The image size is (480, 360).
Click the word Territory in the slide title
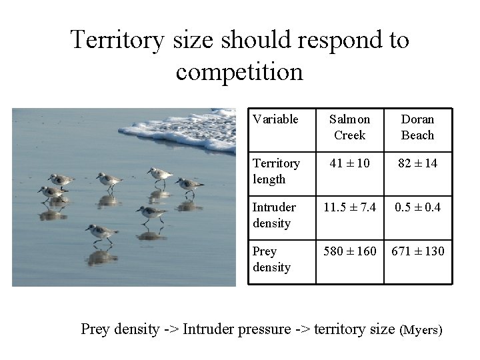click(x=117, y=41)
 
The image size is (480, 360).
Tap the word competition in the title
click(x=239, y=71)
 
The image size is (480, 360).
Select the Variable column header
click(x=275, y=119)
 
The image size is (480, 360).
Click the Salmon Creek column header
click(x=349, y=127)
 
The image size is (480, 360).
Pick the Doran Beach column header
click(x=417, y=127)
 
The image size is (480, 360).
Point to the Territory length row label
click(x=276, y=171)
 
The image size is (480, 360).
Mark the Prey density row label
click(x=271, y=259)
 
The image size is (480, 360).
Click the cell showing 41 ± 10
click(x=349, y=163)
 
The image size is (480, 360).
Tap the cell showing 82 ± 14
click(x=417, y=163)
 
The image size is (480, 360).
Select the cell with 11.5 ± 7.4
click(x=349, y=207)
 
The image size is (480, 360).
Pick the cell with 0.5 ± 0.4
click(x=417, y=207)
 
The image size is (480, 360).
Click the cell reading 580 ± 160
click(x=349, y=251)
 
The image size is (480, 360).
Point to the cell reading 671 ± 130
click(x=417, y=251)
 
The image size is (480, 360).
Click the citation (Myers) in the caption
click(x=421, y=330)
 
